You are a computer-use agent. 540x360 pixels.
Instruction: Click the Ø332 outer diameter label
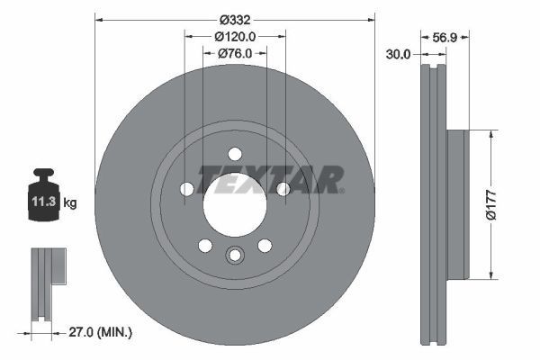[x=234, y=19]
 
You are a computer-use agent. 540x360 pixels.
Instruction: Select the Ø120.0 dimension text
[x=236, y=37]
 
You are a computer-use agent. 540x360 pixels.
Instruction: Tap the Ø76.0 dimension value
[x=236, y=54]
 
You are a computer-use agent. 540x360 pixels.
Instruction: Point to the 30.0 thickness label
[x=398, y=54]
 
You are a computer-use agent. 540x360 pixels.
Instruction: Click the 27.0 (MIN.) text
[x=101, y=333]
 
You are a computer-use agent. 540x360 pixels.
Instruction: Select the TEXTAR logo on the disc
[x=271, y=178]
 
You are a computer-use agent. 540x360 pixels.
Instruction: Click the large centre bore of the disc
[x=234, y=205]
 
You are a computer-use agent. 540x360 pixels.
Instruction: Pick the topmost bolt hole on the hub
[x=234, y=153]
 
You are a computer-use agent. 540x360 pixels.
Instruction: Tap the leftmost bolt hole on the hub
[x=186, y=189]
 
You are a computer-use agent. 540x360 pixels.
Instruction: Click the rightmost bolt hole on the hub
[x=283, y=189]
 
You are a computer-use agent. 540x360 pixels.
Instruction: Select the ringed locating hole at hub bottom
[x=234, y=256]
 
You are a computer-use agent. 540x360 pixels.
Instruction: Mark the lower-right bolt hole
[x=264, y=246]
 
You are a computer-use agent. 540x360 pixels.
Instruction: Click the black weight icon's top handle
[x=43, y=175]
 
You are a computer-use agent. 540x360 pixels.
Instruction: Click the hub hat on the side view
[x=458, y=203]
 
